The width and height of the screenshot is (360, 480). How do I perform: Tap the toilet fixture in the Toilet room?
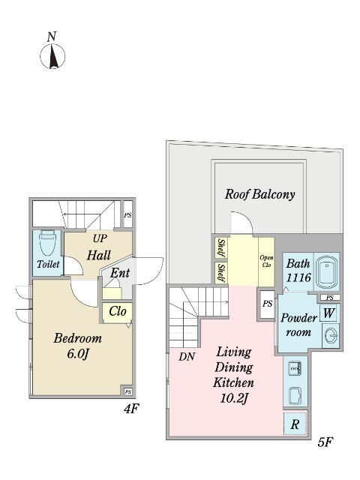[x=47, y=243]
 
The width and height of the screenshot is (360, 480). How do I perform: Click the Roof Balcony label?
[x=260, y=194]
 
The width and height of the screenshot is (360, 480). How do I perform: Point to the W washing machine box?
[x=328, y=313]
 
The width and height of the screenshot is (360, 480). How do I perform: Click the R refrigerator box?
[x=295, y=424]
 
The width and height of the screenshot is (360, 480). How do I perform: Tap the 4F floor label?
[x=131, y=409]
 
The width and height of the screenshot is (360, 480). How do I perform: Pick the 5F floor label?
[x=325, y=442]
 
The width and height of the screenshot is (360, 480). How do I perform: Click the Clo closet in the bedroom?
[x=118, y=312]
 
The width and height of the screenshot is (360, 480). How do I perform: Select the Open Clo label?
[x=266, y=261]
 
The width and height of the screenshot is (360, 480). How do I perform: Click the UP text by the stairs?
[x=100, y=238]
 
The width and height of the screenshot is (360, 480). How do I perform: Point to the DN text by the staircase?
[x=187, y=356]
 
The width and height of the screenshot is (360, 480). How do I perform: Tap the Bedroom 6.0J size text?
[x=78, y=346]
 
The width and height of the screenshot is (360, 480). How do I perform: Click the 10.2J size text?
[x=233, y=398]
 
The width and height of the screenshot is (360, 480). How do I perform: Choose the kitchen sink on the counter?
[x=295, y=367]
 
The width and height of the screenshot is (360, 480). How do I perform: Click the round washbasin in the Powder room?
[x=331, y=336]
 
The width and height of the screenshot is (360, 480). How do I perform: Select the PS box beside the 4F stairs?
[x=127, y=214]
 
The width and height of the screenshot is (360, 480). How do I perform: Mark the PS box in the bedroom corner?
[x=128, y=391]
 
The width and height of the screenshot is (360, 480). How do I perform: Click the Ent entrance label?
[x=120, y=273]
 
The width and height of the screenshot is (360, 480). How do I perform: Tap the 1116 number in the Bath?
[x=298, y=277]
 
